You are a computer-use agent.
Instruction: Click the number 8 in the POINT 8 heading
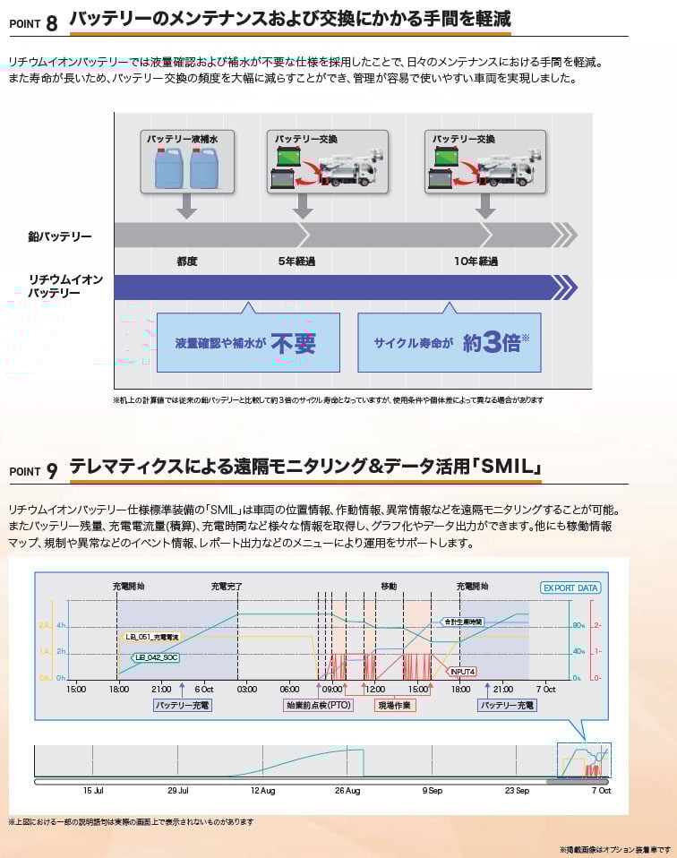click(51, 22)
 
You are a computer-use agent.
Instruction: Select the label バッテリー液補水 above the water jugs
click(186, 139)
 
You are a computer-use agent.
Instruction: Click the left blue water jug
click(168, 167)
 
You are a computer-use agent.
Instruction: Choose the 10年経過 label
click(476, 262)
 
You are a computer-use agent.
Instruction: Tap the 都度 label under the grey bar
click(186, 262)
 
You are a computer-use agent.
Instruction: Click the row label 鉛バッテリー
click(59, 236)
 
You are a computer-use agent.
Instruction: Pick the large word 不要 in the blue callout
click(294, 343)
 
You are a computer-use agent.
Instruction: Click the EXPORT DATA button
click(570, 588)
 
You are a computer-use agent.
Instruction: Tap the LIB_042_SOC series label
click(155, 656)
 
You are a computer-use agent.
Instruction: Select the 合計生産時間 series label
click(463, 622)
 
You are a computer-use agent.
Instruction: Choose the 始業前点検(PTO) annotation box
click(319, 705)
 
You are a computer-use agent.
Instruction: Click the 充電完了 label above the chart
click(227, 586)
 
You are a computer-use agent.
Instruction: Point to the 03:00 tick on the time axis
click(246, 690)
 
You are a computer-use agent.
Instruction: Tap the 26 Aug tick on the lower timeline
click(347, 791)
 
